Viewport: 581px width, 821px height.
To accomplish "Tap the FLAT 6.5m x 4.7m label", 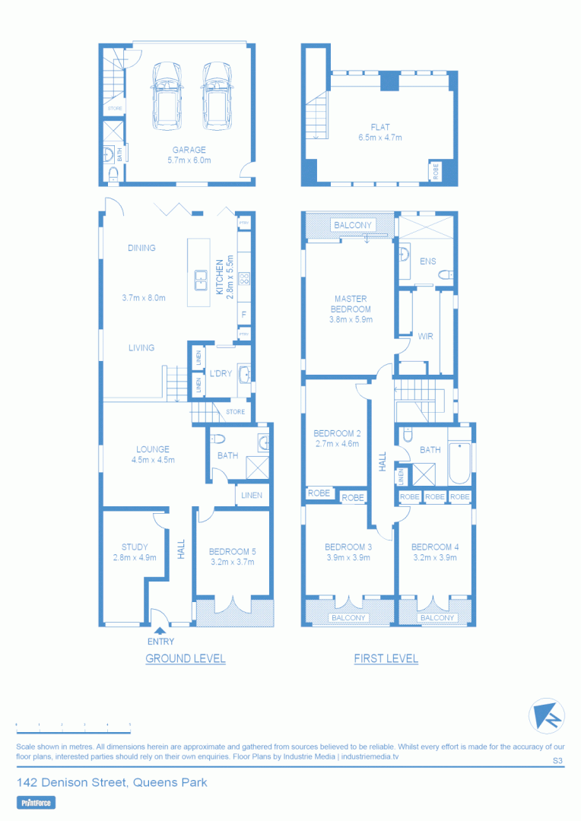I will click(x=380, y=132).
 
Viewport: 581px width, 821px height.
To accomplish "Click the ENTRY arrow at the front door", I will click(x=160, y=629).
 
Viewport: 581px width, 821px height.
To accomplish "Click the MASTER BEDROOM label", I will click(x=351, y=304).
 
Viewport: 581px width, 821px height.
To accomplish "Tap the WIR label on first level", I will click(x=425, y=336).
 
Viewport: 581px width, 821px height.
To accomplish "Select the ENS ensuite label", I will click(x=427, y=262).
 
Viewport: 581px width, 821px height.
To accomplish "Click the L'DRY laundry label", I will click(x=221, y=373).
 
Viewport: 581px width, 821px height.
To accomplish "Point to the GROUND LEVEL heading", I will click(x=186, y=658).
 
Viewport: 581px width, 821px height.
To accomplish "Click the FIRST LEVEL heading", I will click(x=386, y=658).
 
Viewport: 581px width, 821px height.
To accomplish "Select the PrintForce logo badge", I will click(x=36, y=802).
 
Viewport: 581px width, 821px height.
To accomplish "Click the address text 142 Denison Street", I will click(x=112, y=782).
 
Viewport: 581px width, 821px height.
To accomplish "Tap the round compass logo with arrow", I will click(x=546, y=715).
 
